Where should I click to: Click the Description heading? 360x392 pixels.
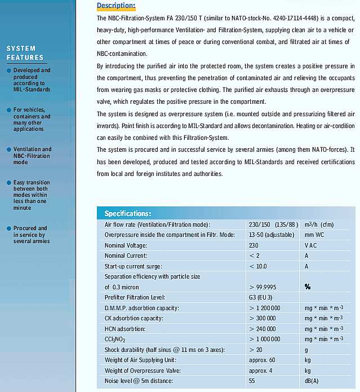pos(116,6)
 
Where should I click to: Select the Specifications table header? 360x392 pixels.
pos(128,214)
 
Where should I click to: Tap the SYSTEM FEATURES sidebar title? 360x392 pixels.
pos(25,53)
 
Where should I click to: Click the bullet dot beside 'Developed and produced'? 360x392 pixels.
pos(8,71)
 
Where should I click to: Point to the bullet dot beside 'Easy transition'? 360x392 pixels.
pos(8,183)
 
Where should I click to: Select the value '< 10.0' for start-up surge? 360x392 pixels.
pos(258,266)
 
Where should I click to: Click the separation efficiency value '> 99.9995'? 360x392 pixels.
pos(266,287)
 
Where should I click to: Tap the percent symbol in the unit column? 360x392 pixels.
pos(308,287)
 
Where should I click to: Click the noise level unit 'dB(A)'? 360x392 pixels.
pos(312,381)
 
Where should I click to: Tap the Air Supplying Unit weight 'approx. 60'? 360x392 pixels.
pos(262,360)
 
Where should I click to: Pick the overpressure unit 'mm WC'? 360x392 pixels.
pos(314,235)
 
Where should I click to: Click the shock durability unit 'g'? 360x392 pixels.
pos(306,350)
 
